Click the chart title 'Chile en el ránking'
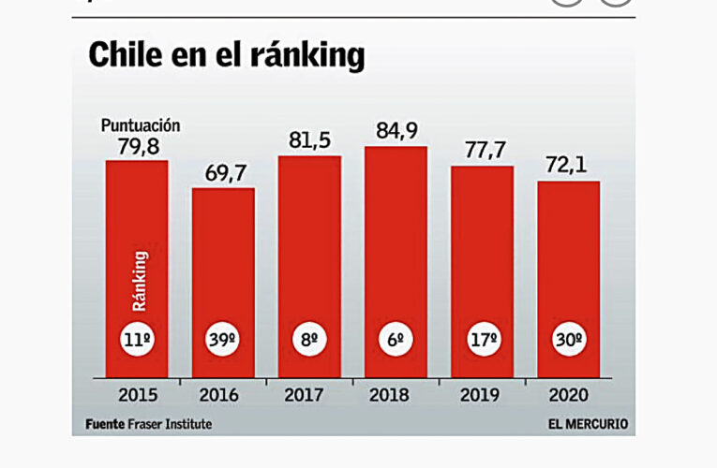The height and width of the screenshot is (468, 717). [226, 56]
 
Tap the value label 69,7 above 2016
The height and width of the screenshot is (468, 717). [223, 173]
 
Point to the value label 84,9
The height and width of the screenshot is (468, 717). [396, 131]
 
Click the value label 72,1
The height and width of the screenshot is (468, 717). [568, 167]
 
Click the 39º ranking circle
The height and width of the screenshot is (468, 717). [223, 341]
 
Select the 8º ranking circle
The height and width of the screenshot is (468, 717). [309, 341]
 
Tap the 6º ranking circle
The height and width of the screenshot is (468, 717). [396, 341]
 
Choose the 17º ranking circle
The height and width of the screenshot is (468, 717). [482, 341]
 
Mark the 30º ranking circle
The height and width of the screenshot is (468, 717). [568, 341]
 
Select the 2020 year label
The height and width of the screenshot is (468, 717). [568, 394]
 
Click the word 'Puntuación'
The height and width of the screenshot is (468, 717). [141, 125]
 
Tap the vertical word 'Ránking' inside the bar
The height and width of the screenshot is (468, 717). [139, 280]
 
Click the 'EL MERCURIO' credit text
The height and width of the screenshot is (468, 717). [588, 424]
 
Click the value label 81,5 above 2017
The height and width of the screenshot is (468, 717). [309, 140]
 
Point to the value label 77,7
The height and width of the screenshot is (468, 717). [482, 152]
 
